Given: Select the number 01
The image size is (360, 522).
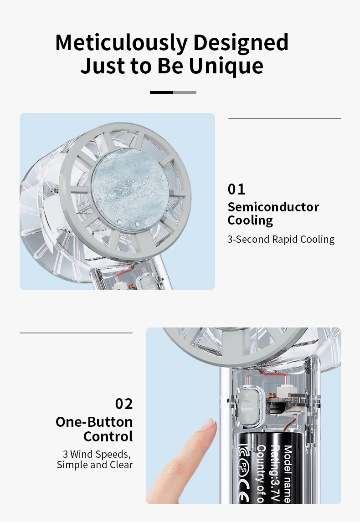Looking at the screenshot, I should coord(237,189).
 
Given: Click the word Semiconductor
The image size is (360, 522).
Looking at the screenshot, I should coord(273,207).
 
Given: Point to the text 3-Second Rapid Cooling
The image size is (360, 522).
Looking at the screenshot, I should coord(281,239).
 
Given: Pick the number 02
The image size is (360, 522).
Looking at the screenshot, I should coord(124,404).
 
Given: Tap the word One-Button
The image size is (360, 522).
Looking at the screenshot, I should coord(94,422).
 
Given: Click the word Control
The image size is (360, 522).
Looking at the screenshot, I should coord(108,436).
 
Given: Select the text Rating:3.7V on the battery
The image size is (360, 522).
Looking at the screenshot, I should coord(275,474).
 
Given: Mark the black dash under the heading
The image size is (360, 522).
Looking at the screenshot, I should coord(162,92).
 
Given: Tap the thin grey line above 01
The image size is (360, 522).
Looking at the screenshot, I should coord(284,118).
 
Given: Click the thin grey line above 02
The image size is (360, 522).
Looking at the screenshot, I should coord(76,333).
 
